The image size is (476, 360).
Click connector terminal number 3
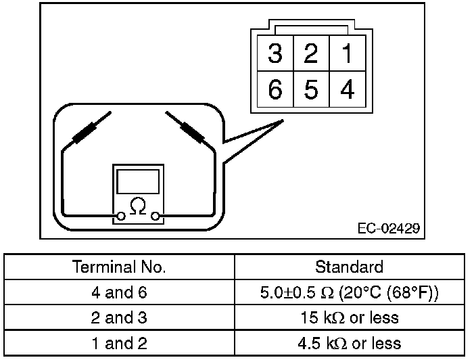pos(275,54)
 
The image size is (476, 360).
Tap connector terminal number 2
pos(311,54)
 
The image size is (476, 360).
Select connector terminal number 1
pos(347,54)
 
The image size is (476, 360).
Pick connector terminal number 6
pos(275,89)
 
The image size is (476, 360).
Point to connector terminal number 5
pos(311,89)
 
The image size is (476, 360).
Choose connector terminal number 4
pos(347,89)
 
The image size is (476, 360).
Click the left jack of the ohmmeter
pos(121,217)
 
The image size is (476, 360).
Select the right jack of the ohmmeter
pos(156,217)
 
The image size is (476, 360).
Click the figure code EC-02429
pos(389,228)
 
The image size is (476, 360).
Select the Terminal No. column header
pos(119,266)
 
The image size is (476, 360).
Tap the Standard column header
pos(349,266)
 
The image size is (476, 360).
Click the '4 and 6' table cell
pos(119,292)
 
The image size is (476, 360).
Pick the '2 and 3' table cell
pos(119,317)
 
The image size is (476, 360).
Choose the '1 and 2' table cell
pos(119,342)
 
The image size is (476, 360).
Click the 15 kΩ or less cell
pos(349,317)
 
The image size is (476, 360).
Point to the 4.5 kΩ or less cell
pos(349,342)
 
